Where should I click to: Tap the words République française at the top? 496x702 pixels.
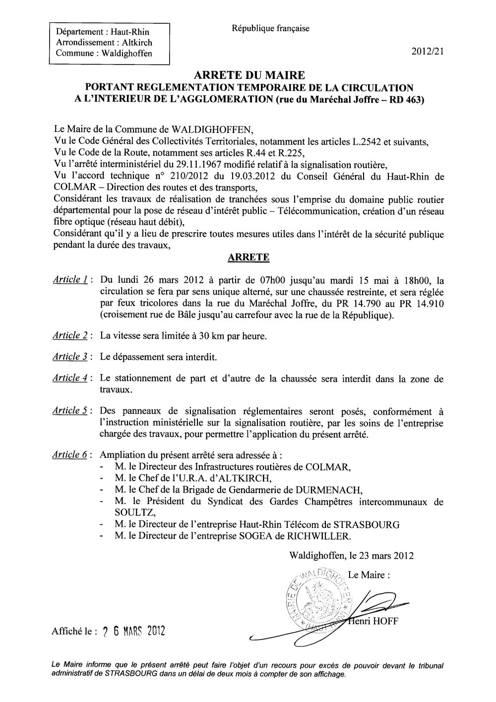click(x=270, y=28)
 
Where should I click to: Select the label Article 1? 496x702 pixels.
click(x=70, y=280)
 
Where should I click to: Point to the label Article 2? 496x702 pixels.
click(x=70, y=335)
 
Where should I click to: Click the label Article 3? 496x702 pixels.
click(x=70, y=357)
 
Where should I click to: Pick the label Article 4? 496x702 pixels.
click(x=70, y=378)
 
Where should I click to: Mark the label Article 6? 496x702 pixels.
click(x=70, y=454)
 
